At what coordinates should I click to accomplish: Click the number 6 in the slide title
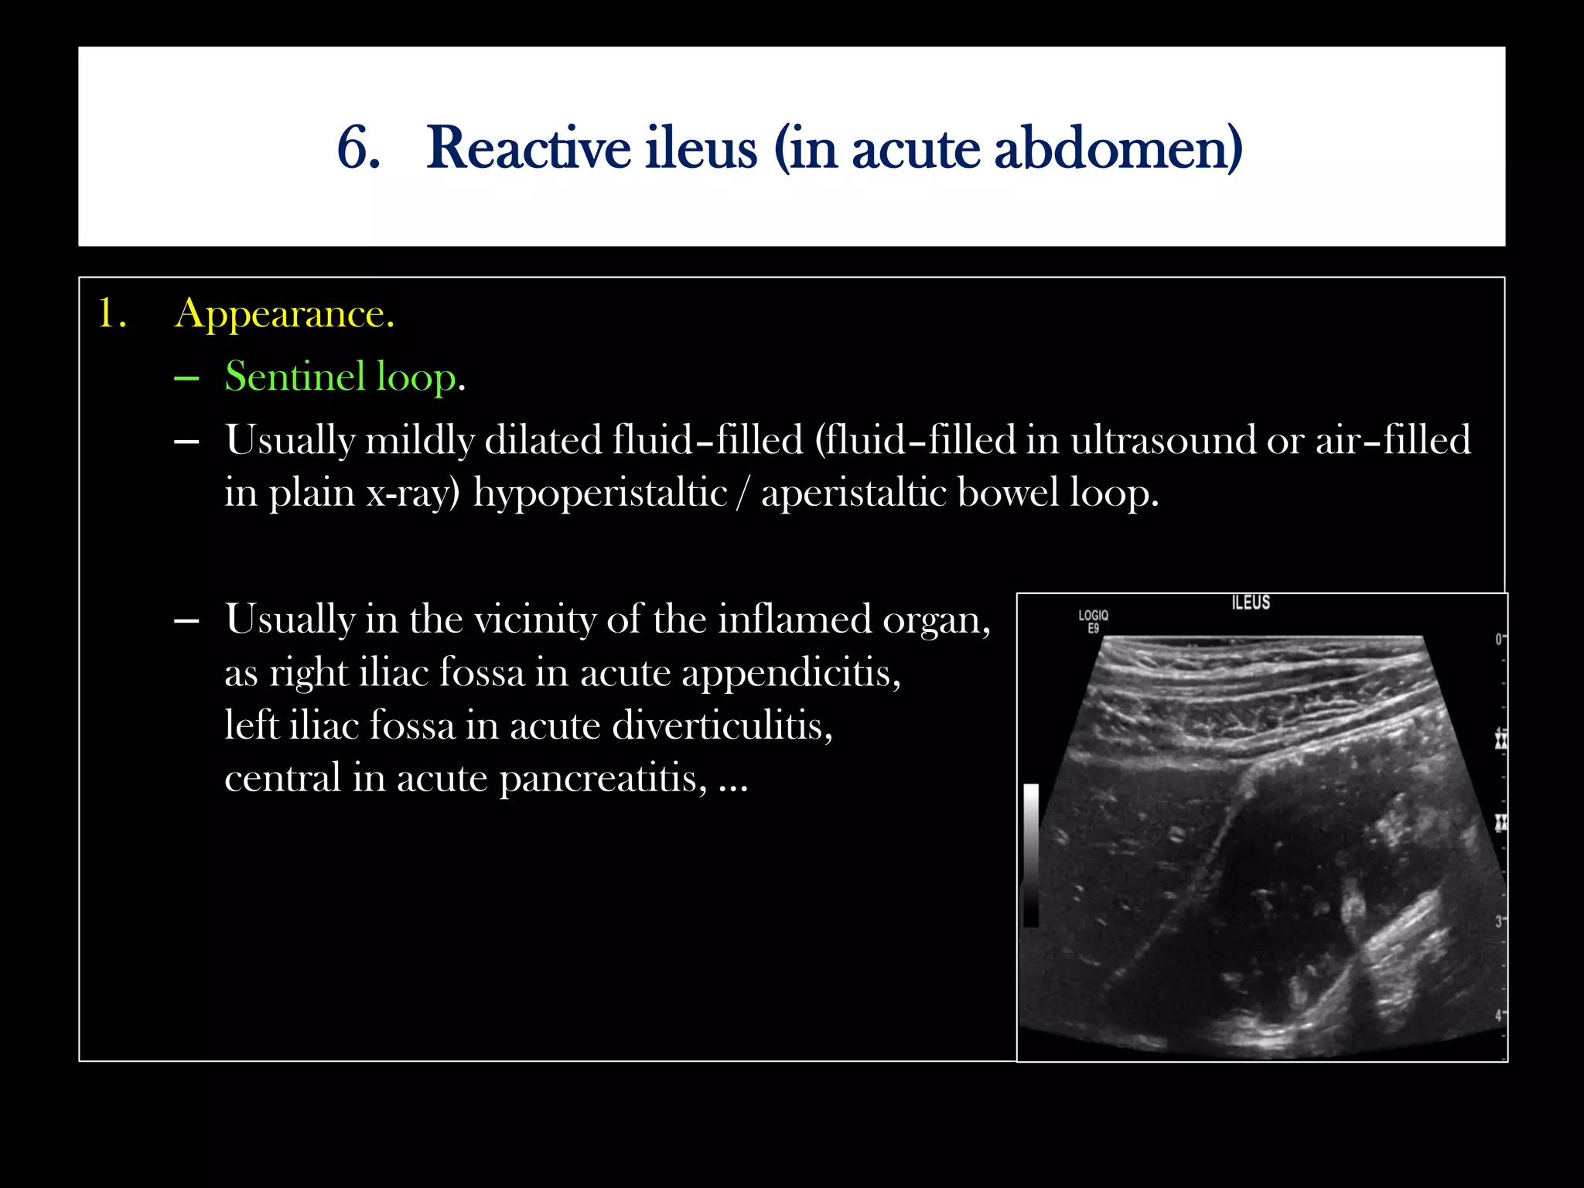358,148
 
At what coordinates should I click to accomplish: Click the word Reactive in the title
528,148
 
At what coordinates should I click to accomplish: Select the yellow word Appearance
284,314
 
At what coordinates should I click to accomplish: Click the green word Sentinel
295,377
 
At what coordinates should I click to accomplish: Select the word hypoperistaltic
600,493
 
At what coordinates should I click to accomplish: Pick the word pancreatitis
603,778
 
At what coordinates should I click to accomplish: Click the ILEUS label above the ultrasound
1251,603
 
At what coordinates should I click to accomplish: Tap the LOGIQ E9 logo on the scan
1093,621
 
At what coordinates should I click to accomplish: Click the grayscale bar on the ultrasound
1030,855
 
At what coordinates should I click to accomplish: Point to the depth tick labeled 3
1498,921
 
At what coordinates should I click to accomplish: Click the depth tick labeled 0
1498,639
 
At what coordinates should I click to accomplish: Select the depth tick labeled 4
1498,1015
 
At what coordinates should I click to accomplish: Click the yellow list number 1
111,314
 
